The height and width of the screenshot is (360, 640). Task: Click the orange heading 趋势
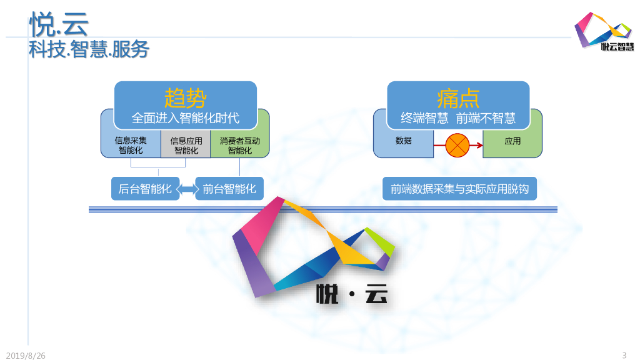pos(185,98)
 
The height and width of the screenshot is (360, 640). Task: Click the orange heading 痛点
pos(458,98)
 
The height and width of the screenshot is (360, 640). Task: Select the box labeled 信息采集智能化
pos(131,145)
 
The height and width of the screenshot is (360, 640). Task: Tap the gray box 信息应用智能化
pos(186,145)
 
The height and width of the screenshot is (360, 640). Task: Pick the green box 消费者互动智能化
pos(239,145)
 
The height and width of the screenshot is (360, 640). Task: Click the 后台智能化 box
pos(145,188)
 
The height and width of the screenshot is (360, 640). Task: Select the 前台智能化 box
pos(229,188)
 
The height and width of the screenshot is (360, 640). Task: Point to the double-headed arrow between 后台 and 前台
pos(187,188)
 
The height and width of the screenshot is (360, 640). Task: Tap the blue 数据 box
pos(404,141)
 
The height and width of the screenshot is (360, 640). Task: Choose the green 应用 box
pos(512,141)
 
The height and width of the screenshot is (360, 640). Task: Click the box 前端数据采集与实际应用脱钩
pos(459,188)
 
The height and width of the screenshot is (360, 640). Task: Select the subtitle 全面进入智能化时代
pos(185,117)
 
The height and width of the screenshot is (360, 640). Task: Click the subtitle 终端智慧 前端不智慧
pos(458,117)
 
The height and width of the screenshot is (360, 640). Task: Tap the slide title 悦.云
pos(59,25)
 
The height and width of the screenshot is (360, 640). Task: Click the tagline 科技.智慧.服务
pos(89,49)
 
